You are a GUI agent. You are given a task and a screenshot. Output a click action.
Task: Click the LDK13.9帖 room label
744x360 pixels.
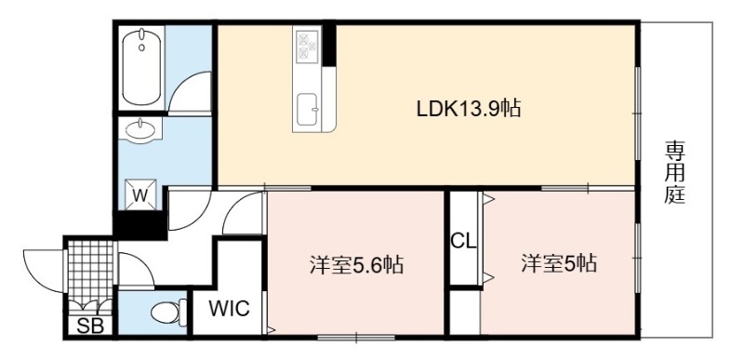[x=469, y=109]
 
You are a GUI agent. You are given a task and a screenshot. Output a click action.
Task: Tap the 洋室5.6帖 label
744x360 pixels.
[x=356, y=265]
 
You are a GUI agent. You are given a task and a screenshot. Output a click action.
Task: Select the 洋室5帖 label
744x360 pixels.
[x=559, y=263]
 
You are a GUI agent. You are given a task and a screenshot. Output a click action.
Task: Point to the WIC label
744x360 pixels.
[x=230, y=309]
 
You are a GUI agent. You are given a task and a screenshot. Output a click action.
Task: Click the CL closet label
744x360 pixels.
[x=463, y=242]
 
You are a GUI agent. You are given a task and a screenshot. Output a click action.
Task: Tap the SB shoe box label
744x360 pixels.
[x=89, y=326]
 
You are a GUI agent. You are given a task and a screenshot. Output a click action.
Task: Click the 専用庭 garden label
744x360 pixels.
[x=674, y=173]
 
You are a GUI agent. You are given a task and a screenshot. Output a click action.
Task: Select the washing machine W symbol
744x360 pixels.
[x=140, y=194]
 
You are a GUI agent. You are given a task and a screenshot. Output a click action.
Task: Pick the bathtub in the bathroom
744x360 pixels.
[x=141, y=67]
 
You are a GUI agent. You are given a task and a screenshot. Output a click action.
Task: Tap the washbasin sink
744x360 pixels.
[x=140, y=128]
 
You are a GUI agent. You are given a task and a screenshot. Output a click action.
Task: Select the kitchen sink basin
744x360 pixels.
[x=308, y=109]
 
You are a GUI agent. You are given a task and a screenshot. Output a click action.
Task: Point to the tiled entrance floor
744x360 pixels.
[x=90, y=272]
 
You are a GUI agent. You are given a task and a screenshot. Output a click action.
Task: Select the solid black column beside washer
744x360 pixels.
[x=140, y=223]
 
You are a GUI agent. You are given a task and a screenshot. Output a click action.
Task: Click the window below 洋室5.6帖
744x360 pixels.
[x=356, y=338]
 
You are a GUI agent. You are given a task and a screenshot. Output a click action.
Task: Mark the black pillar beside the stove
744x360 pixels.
[x=329, y=46]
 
